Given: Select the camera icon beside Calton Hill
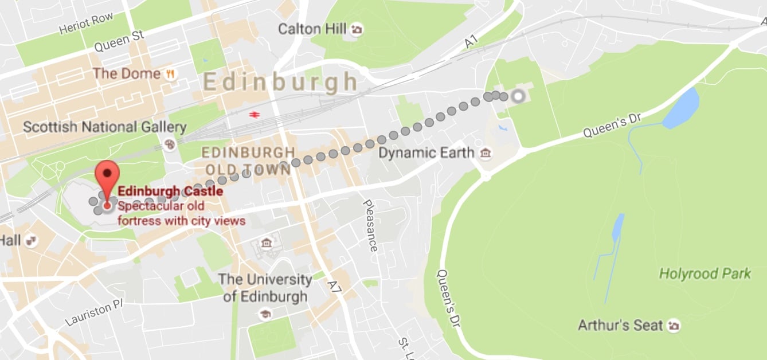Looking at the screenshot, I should point(357,29).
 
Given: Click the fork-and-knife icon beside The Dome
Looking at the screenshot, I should point(170,74).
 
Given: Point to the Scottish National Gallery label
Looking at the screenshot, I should point(104,127).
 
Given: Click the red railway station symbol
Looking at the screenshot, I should point(253,114).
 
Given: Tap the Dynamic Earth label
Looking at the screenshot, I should point(426,153).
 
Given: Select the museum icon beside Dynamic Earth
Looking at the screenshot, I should point(486,153).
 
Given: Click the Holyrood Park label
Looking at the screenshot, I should point(705,273).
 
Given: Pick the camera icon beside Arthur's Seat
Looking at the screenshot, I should point(674,326).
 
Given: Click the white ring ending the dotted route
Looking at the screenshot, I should point(518,96).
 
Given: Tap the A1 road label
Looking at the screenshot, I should point(471,41).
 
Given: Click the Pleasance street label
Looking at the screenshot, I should point(370,225).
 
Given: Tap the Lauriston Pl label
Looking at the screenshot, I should point(95,313).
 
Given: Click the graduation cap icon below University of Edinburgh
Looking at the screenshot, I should point(265,314).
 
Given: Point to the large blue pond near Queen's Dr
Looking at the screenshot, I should point(682,108).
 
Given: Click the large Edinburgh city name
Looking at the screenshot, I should point(280,83).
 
